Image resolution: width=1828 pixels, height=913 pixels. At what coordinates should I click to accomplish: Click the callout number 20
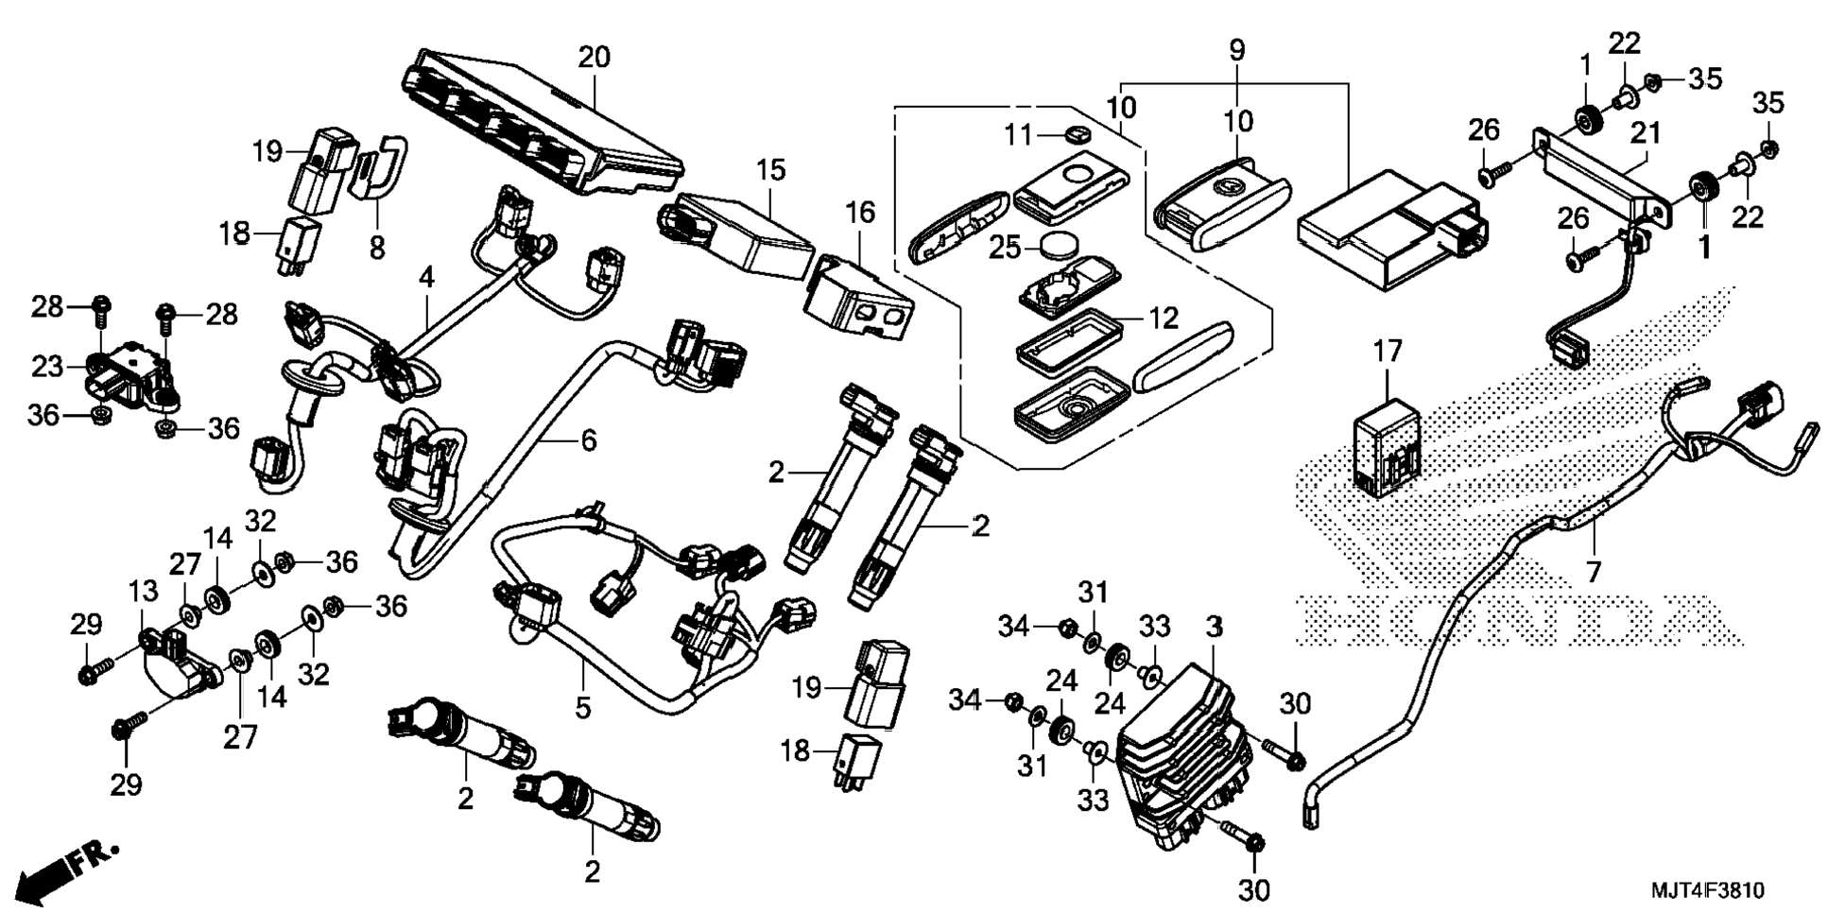coord(594,58)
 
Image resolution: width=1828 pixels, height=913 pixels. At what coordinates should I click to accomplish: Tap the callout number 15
coord(770,171)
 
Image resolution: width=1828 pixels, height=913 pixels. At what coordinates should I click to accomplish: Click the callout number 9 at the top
coord(1237,50)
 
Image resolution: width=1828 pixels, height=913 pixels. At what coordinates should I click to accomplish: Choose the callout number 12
coord(1164,319)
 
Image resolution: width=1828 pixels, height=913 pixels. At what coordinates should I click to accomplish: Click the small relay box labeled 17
coord(1387,446)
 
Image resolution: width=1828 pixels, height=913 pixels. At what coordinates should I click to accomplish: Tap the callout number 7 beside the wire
coord(1594,572)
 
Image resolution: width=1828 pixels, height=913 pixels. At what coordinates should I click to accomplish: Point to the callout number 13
coord(144,593)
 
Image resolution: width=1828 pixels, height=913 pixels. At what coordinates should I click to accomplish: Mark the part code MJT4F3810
coord(1707,890)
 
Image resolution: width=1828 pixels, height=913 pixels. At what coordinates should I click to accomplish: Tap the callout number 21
coord(1646,133)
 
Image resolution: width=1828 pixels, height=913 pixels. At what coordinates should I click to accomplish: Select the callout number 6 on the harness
coord(589,440)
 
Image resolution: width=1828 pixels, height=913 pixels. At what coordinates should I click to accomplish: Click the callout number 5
coord(582,706)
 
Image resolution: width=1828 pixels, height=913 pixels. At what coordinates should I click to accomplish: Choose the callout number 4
coord(426,278)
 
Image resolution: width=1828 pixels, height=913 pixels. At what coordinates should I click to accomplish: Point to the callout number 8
coord(377,248)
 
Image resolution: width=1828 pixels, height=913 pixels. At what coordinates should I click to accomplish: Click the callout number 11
coord(1018,135)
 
